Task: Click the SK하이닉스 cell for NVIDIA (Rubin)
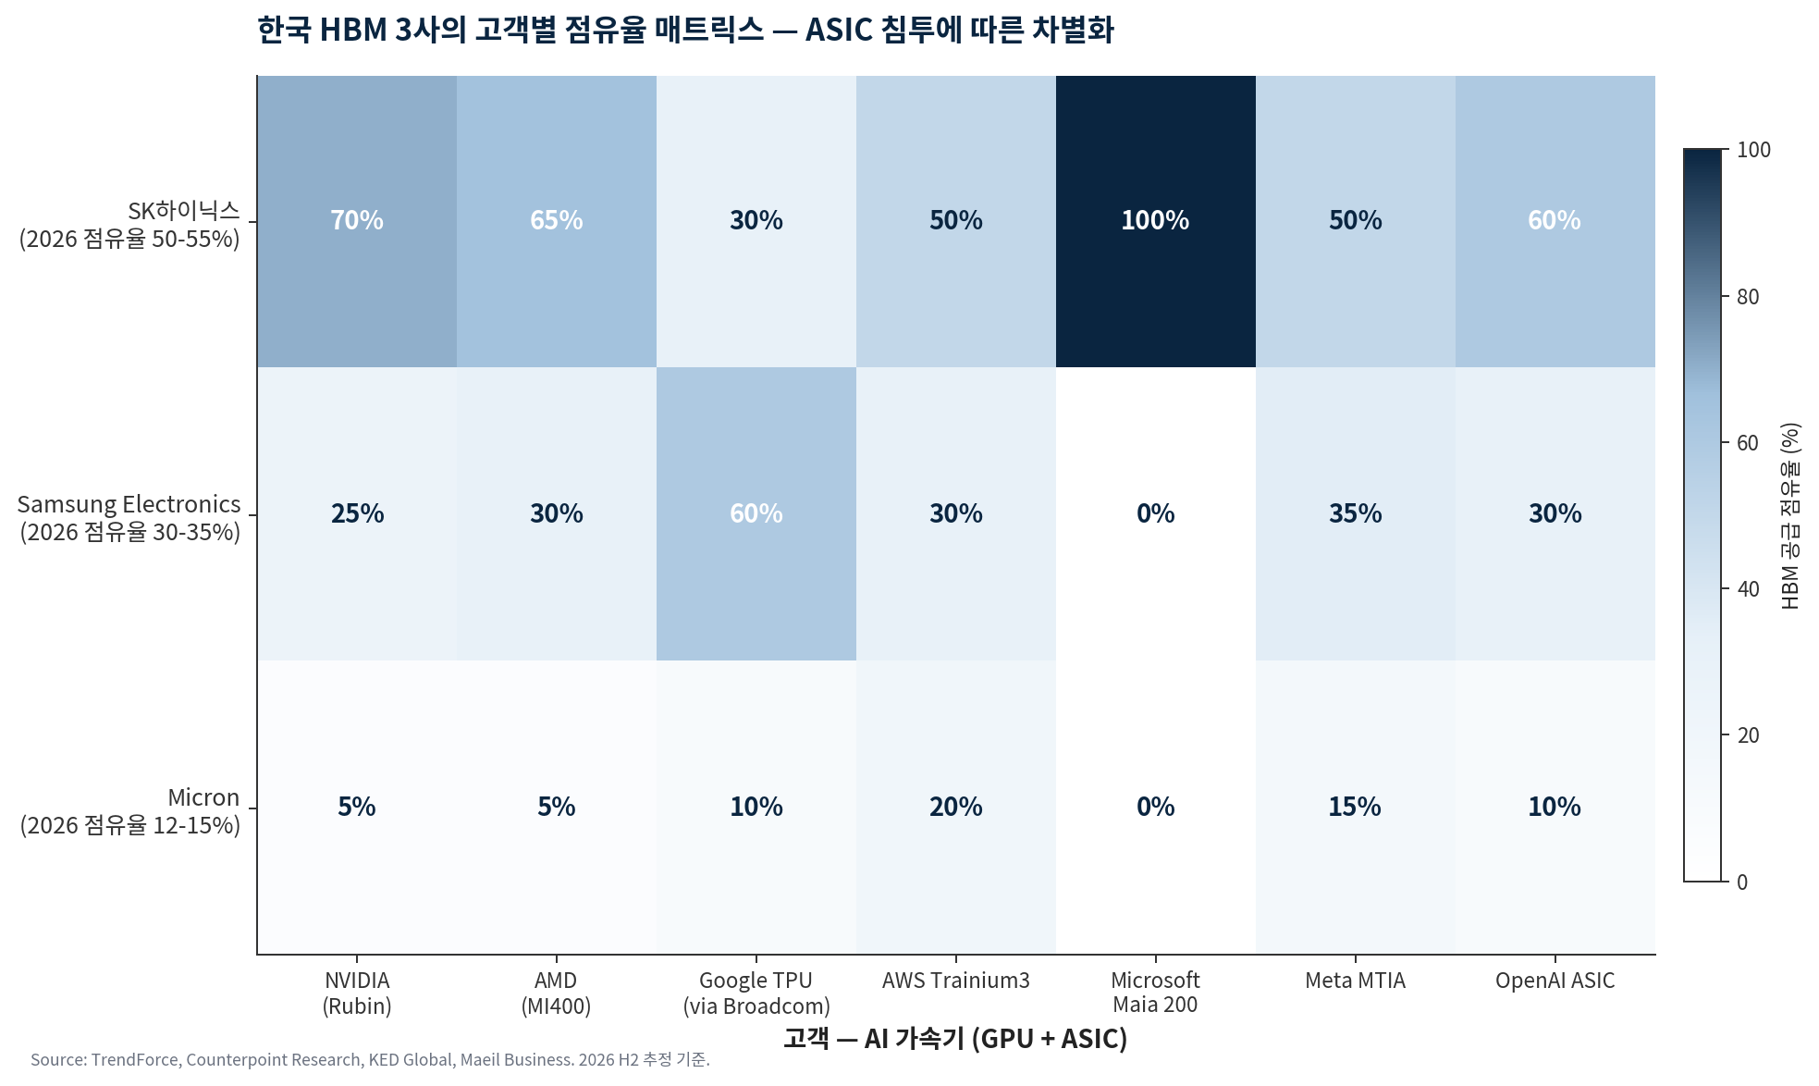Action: [x=357, y=221]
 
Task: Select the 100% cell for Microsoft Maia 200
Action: [x=1155, y=221]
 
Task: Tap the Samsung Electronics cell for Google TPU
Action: [x=756, y=513]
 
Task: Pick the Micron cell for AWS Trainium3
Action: [x=955, y=807]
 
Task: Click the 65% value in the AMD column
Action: [x=556, y=221]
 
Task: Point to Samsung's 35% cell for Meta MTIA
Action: [x=1355, y=513]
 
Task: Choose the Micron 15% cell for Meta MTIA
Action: [x=1355, y=807]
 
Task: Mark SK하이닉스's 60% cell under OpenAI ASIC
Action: [x=1555, y=221]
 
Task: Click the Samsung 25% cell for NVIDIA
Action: [x=357, y=513]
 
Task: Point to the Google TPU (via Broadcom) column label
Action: [x=756, y=993]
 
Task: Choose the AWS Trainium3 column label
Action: [x=955, y=981]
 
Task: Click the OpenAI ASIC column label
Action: [x=1555, y=981]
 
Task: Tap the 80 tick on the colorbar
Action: [x=1748, y=297]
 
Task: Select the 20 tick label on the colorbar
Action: [x=1748, y=735]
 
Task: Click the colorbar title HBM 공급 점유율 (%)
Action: [x=1790, y=516]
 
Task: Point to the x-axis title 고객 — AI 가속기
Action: [x=955, y=1039]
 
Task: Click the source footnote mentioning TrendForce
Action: [x=370, y=1060]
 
